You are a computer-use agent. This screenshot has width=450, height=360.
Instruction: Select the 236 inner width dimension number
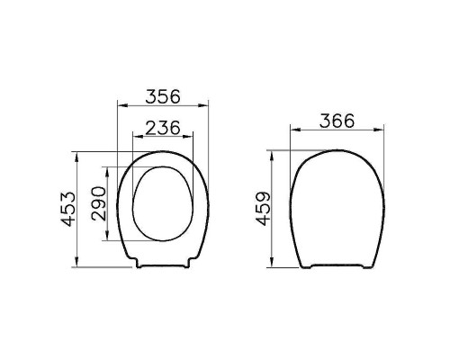(x=161, y=127)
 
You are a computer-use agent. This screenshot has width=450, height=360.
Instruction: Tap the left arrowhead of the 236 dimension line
(x=135, y=139)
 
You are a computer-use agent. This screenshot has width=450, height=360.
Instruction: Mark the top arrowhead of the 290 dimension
(x=109, y=168)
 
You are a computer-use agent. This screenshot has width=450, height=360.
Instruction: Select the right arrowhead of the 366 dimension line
(x=384, y=131)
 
